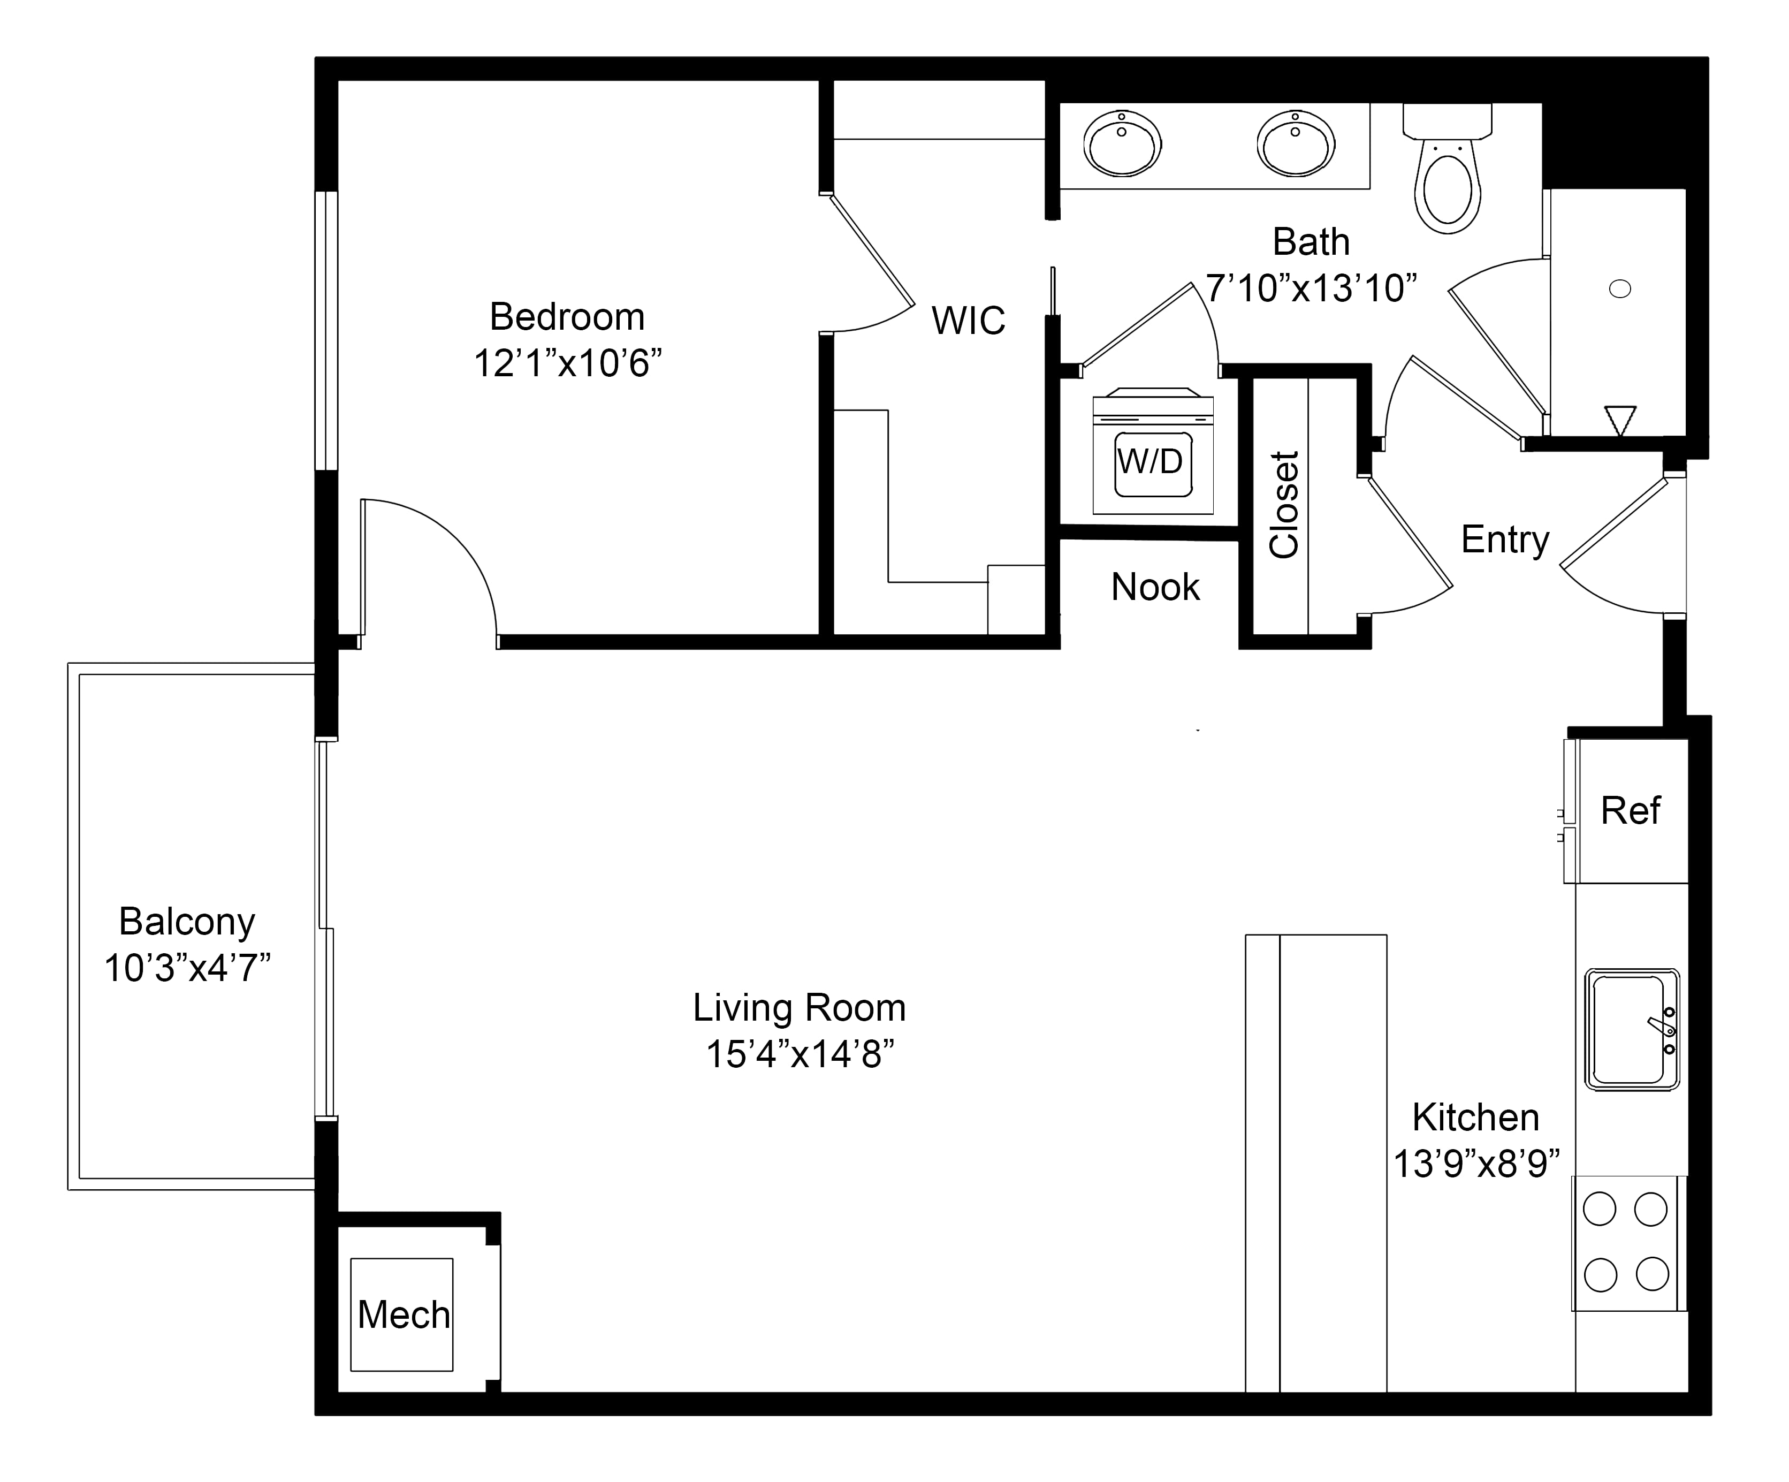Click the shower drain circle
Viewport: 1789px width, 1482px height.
click(1619, 289)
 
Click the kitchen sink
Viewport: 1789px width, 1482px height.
click(1631, 1029)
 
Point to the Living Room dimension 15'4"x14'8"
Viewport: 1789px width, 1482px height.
click(800, 1055)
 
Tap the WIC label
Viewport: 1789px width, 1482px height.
click(969, 321)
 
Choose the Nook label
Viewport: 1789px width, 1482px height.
click(1156, 587)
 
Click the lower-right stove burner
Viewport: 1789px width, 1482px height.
click(1653, 1274)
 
